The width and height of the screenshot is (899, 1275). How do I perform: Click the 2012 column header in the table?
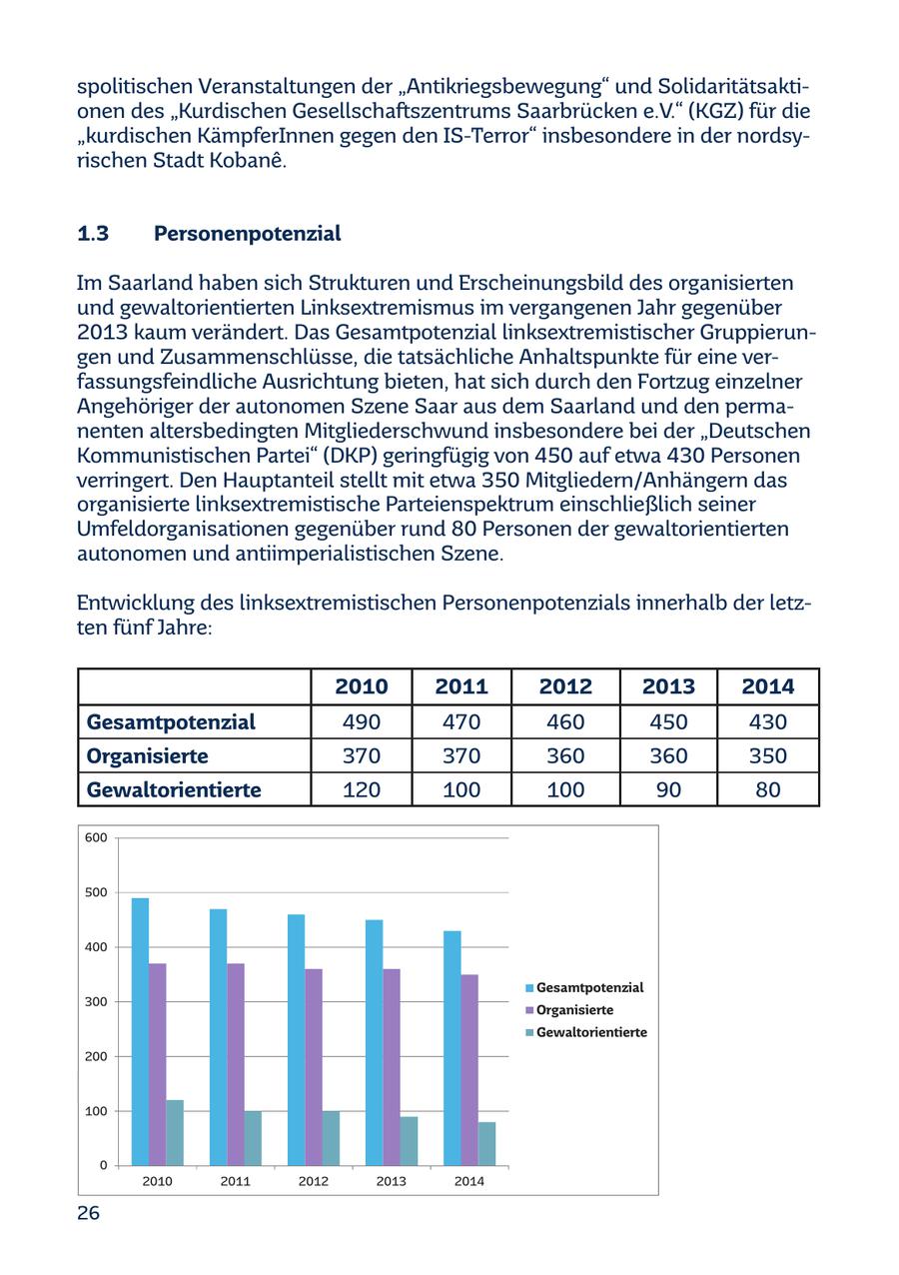(565, 686)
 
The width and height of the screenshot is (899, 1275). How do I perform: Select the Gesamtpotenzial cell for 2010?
(361, 721)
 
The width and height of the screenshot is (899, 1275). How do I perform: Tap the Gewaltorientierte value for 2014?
(767, 789)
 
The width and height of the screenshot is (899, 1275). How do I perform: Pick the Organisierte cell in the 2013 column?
(668, 755)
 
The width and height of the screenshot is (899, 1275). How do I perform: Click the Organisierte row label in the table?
(148, 755)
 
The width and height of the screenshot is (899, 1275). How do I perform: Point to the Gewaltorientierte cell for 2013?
(668, 789)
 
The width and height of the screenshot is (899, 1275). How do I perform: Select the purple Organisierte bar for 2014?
(469, 1069)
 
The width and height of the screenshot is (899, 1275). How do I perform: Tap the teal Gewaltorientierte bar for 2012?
(331, 1138)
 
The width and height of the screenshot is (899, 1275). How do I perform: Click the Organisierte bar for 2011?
(236, 1064)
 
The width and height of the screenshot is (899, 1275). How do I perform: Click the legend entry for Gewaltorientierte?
(590, 1032)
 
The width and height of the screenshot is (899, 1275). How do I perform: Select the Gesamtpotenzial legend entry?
(588, 987)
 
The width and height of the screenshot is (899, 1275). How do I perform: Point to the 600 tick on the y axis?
(97, 837)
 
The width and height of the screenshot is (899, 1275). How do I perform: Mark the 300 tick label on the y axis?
(97, 1001)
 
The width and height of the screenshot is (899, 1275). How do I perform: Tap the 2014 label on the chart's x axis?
(469, 1181)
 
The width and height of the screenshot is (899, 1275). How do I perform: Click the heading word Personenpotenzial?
(248, 234)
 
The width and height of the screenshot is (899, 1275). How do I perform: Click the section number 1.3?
(93, 234)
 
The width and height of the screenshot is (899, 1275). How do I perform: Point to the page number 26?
(89, 1213)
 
